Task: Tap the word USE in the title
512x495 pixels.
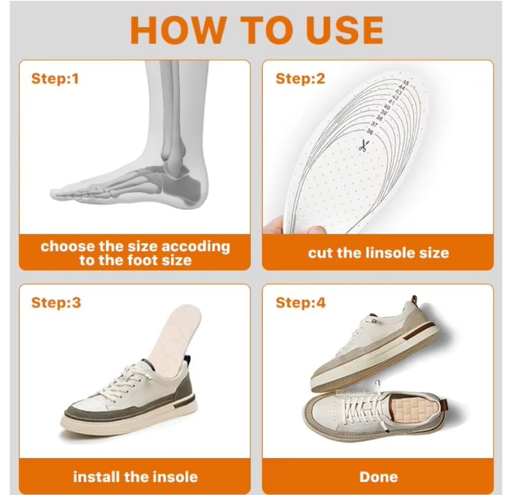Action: [x=345, y=29]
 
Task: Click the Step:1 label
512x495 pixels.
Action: [x=55, y=78]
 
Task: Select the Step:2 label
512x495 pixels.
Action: [x=300, y=78]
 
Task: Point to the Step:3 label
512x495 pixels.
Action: [x=56, y=302]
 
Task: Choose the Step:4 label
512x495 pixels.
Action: [x=300, y=302]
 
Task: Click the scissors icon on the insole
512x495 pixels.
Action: [x=363, y=144]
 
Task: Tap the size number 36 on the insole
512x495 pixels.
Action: [x=369, y=131]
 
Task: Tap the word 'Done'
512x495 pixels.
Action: [x=379, y=477]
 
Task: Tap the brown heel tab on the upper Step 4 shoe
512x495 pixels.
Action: [x=414, y=299]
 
